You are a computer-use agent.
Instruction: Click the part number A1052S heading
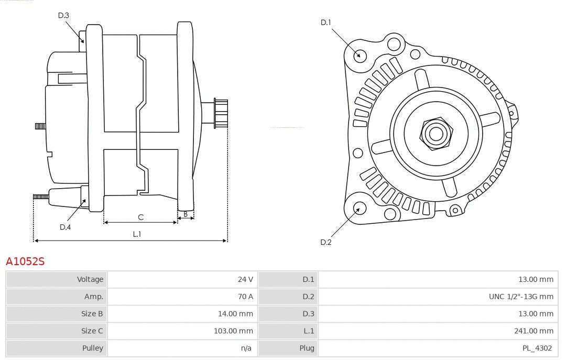click(25, 261)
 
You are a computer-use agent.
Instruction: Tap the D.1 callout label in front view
click(326, 23)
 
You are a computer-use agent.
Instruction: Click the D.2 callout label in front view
click(326, 242)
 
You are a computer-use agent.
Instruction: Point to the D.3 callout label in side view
click(63, 15)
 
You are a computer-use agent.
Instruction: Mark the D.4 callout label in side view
click(65, 227)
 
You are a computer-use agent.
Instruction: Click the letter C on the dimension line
click(140, 217)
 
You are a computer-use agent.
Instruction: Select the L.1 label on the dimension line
click(136, 234)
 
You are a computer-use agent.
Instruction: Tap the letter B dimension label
click(186, 214)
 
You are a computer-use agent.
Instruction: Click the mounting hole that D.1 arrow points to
click(360, 55)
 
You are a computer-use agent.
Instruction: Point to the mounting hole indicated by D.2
click(358, 209)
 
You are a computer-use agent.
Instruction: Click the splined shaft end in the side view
click(220, 113)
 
